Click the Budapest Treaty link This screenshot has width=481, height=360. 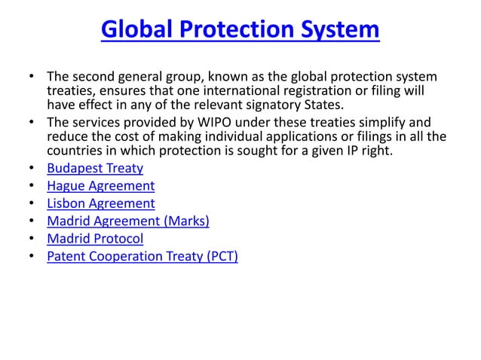(94, 167)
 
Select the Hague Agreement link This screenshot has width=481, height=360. (100, 185)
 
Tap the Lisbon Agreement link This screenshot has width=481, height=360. (100, 203)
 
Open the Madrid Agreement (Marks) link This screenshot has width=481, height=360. (127, 221)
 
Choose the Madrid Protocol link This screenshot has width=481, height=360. (95, 239)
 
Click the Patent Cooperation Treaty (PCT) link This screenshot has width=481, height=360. (142, 258)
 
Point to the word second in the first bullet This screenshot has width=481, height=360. (93, 77)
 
